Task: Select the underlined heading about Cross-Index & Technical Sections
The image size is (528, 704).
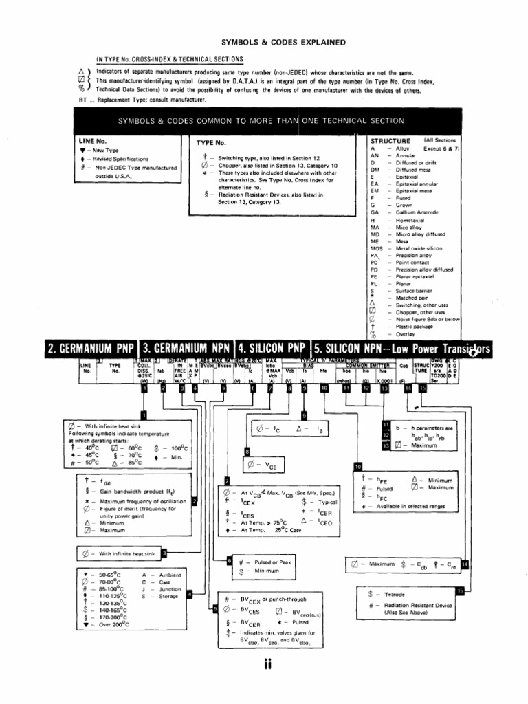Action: [169, 59]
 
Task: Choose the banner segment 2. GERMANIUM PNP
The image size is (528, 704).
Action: [92, 350]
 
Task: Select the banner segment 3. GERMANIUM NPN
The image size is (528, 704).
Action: [186, 350]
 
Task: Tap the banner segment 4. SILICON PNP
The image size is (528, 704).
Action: [272, 350]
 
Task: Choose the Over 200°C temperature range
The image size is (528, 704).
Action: [112, 626]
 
